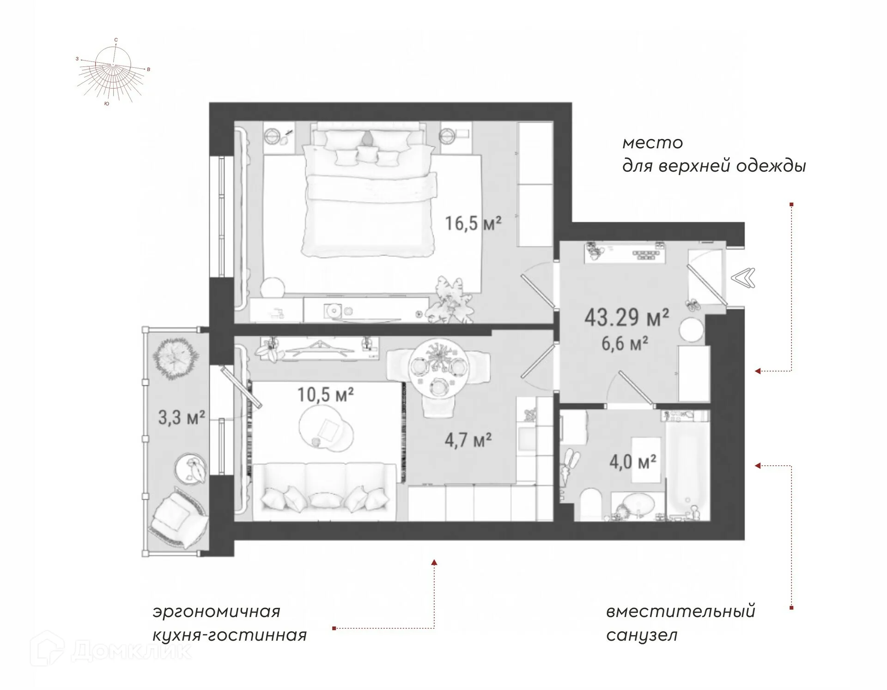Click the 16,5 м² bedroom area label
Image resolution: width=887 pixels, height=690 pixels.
tap(473, 224)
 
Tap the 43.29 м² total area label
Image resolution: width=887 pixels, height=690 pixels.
tap(626, 318)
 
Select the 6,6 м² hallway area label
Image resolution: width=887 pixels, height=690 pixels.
tap(624, 344)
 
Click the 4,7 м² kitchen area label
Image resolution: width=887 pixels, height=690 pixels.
tap(468, 440)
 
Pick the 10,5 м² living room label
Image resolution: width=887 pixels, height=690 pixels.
tap(325, 395)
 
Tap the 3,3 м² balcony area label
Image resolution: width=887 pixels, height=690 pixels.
tap(182, 418)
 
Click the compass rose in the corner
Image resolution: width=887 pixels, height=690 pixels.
tap(113, 72)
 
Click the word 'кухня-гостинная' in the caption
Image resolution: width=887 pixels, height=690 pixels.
tap(230, 636)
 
